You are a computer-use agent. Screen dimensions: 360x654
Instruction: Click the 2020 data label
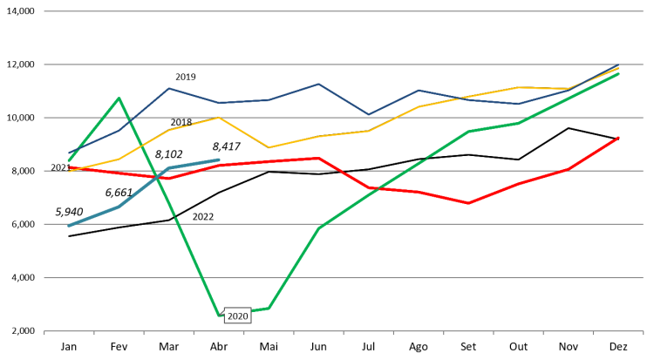pos(237,316)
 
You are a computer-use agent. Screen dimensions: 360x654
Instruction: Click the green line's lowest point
pos(219,315)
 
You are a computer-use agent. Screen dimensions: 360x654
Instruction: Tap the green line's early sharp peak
pos(119,98)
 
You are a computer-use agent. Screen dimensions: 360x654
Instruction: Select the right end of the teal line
pos(219,160)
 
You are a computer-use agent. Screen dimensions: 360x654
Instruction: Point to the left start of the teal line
pos(69,226)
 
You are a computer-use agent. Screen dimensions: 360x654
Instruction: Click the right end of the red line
pos(618,137)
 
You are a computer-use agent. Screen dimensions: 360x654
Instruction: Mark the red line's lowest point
pos(468,203)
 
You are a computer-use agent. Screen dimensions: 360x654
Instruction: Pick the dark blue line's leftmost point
pos(69,153)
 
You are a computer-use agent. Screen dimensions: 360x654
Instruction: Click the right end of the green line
pos(618,74)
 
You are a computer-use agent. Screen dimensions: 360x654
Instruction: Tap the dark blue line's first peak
pos(168,88)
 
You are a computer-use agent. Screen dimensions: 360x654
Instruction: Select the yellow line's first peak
pos(219,117)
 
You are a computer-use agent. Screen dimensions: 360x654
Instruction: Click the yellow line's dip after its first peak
pos(269,147)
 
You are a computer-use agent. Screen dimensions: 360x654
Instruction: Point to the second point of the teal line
pos(119,207)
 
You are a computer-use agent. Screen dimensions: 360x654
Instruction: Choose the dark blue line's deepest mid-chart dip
pos(368,115)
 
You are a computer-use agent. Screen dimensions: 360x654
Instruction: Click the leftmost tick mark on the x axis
pos(44,333)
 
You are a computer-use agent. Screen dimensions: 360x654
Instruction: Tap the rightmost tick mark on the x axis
pos(643,333)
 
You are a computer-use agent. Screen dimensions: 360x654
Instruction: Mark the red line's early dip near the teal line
pos(168,179)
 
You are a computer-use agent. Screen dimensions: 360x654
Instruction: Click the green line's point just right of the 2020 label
pos(269,308)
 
